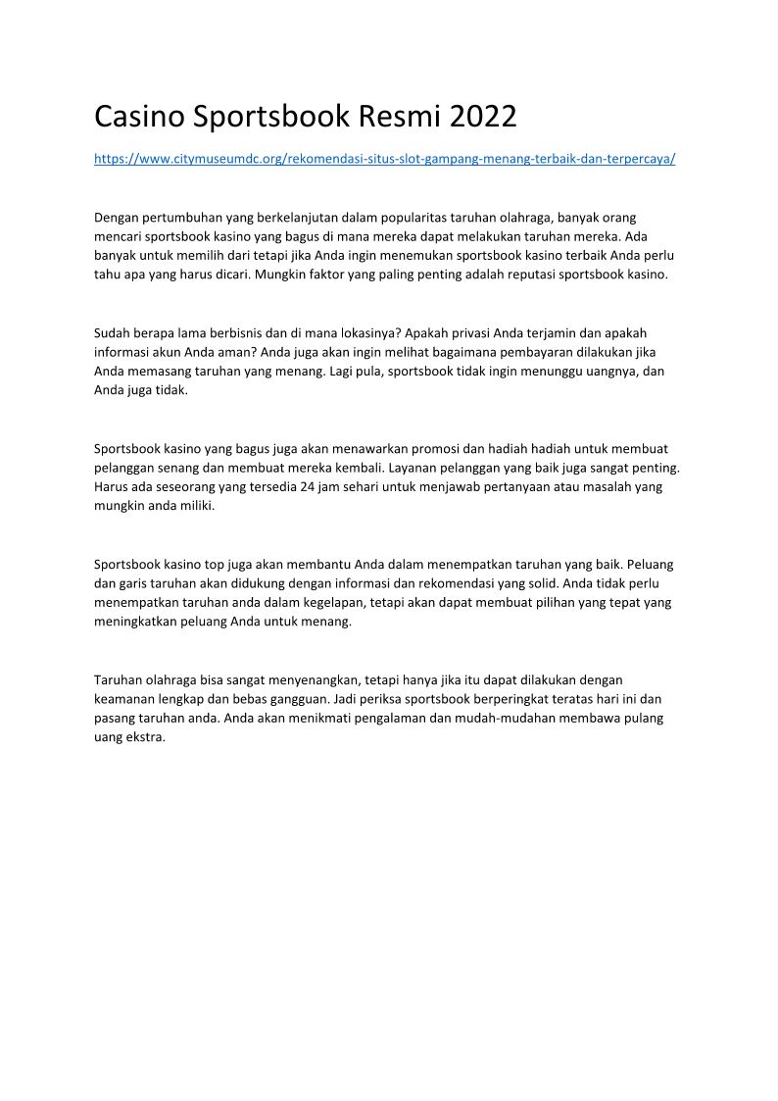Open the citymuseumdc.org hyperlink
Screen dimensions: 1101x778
pos(384,158)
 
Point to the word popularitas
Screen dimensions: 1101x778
pos(433,217)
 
